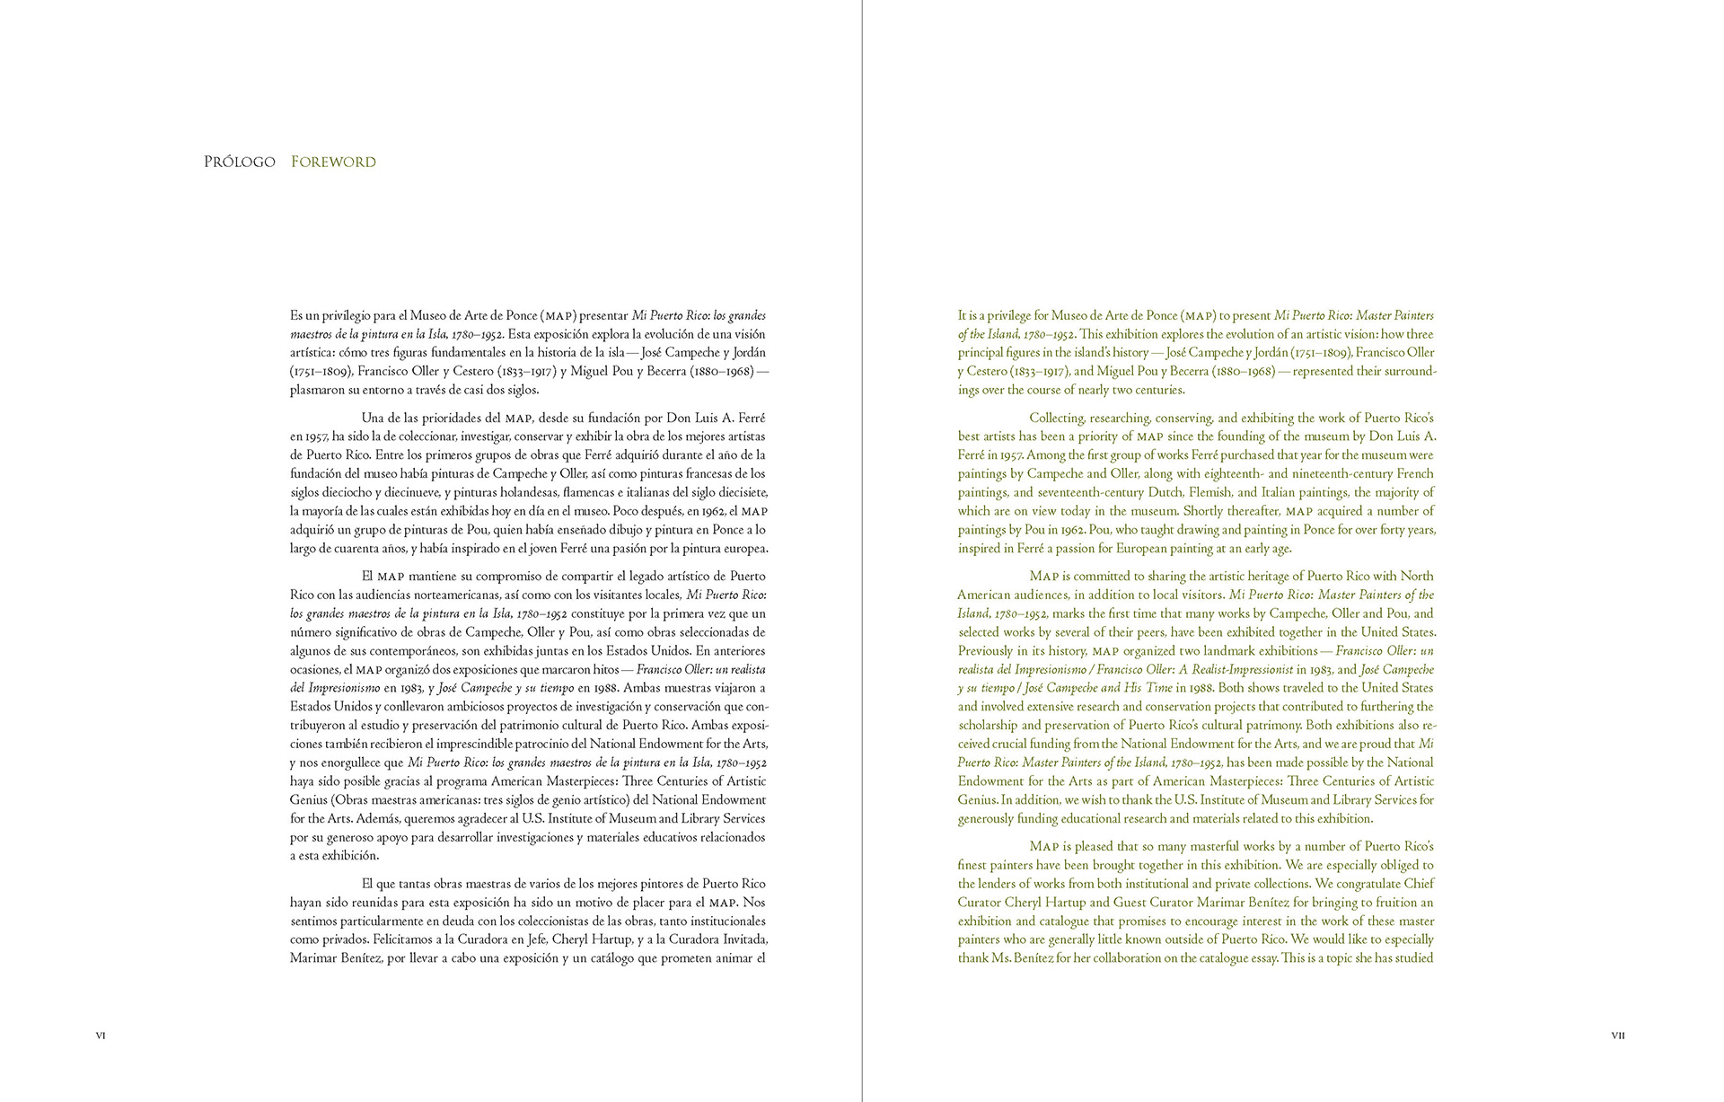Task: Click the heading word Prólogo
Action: point(239,163)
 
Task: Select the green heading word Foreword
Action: point(333,163)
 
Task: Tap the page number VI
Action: point(101,1036)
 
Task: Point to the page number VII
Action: point(1618,1036)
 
